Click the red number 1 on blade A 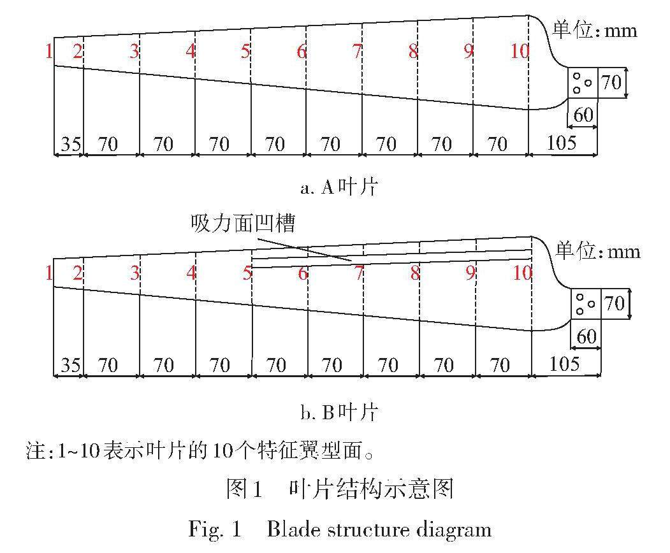[48, 52]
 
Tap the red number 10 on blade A [520, 52]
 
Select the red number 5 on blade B [247, 274]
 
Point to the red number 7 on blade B [359, 274]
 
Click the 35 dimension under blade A [70, 144]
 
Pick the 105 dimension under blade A [562, 143]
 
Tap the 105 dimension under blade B [564, 364]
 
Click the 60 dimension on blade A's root [583, 115]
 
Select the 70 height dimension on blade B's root [614, 303]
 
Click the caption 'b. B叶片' [339, 412]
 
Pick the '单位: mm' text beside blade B [598, 251]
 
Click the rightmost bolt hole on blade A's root [588, 82]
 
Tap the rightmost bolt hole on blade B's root [591, 304]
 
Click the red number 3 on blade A [134, 52]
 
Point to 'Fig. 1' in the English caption [215, 529]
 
